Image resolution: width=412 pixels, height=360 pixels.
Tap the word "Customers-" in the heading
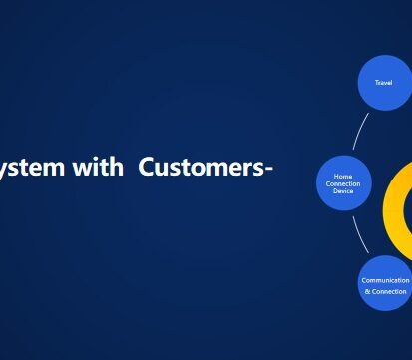(x=206, y=168)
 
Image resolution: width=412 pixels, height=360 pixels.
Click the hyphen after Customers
(x=268, y=170)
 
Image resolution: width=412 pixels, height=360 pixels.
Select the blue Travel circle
(x=383, y=82)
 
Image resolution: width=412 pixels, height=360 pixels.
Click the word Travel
(x=383, y=82)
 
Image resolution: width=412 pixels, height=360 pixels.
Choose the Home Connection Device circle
(x=343, y=182)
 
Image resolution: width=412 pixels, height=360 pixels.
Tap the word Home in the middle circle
(x=343, y=176)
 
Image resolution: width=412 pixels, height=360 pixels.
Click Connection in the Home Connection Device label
(x=343, y=183)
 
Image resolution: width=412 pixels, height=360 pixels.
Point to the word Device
(x=343, y=190)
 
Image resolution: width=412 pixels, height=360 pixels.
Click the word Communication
(x=384, y=280)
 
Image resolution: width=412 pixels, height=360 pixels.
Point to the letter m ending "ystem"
(x=67, y=169)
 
